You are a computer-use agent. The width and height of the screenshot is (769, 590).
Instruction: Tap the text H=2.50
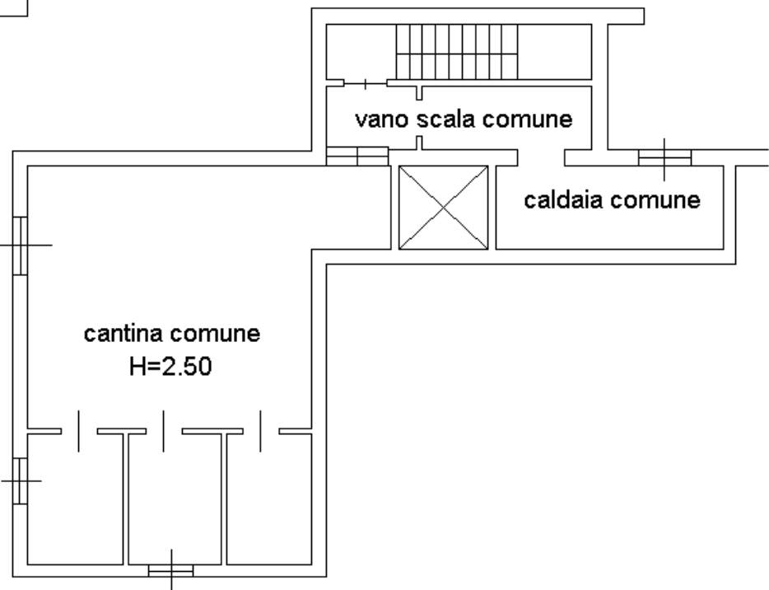pos(170,367)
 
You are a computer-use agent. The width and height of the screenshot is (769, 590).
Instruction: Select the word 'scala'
pos(446,119)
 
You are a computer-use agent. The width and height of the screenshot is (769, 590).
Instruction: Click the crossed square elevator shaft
pos(443,208)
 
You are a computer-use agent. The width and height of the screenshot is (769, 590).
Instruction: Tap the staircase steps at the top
pos(458,51)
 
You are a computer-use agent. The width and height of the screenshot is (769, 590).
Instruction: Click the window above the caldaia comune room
pos(664,158)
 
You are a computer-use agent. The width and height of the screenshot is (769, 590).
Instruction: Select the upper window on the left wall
pos(21,245)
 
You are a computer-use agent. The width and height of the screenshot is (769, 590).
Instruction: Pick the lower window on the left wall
pos(21,480)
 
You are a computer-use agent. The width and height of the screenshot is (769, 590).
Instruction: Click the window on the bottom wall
pos(171,570)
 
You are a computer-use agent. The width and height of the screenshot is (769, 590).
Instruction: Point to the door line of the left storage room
pos(79,431)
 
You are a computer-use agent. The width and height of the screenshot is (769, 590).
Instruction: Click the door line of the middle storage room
pos(164,431)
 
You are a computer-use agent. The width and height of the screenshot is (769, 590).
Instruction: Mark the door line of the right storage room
pos(261,431)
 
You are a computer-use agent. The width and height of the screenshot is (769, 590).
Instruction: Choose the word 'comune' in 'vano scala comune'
pos(528,119)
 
